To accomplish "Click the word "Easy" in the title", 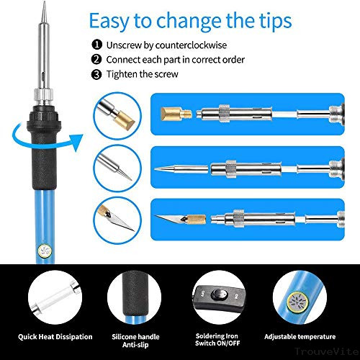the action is click(109, 22).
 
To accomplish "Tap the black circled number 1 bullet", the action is click(96, 45).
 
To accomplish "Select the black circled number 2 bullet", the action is click(96, 59).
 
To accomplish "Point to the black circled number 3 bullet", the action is click(96, 74).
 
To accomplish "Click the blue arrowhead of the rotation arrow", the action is click(76, 143).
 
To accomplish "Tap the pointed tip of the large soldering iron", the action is click(45, 3).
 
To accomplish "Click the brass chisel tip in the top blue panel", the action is click(176, 114).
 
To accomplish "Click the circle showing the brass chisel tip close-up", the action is click(117, 116).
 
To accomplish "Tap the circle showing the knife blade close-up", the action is click(117, 221).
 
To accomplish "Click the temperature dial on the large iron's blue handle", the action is click(45, 251).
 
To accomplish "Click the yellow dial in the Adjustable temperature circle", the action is click(297, 302).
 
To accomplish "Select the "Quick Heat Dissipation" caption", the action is click(55, 337).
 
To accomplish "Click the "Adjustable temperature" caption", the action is click(300, 337).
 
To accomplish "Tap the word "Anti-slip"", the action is click(135, 345).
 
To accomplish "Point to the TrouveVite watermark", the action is click(327, 351).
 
